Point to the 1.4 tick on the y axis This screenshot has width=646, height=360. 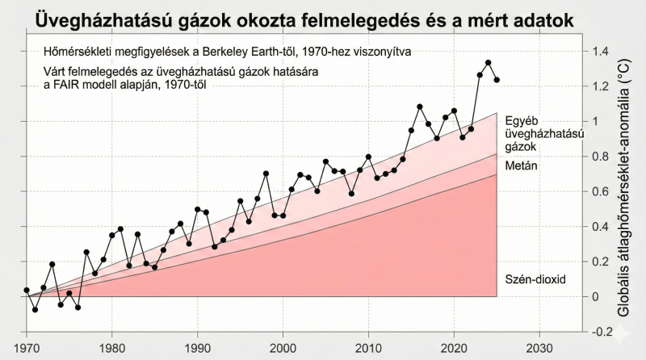click(x=601, y=52)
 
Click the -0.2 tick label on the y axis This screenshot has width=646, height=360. click(x=602, y=332)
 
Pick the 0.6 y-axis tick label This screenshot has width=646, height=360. click(x=601, y=191)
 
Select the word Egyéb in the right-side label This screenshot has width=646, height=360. click(x=521, y=120)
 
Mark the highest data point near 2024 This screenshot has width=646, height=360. click(x=489, y=62)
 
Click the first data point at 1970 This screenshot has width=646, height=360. click(x=27, y=290)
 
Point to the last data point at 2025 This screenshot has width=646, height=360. click(x=497, y=80)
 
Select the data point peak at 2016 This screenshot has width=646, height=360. click(x=420, y=107)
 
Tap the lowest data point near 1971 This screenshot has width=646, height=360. click(x=36, y=309)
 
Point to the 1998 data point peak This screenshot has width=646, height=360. click(x=266, y=174)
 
